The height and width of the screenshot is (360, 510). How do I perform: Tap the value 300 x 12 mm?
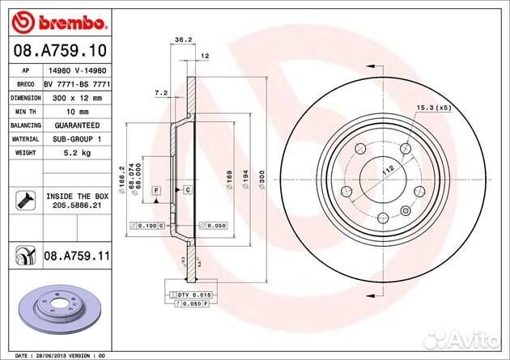click(77, 96)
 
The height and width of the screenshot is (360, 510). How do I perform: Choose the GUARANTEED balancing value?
click(77, 125)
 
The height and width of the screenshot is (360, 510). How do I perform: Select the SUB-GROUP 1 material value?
click(77, 138)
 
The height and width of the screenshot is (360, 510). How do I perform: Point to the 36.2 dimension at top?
click(183, 38)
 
